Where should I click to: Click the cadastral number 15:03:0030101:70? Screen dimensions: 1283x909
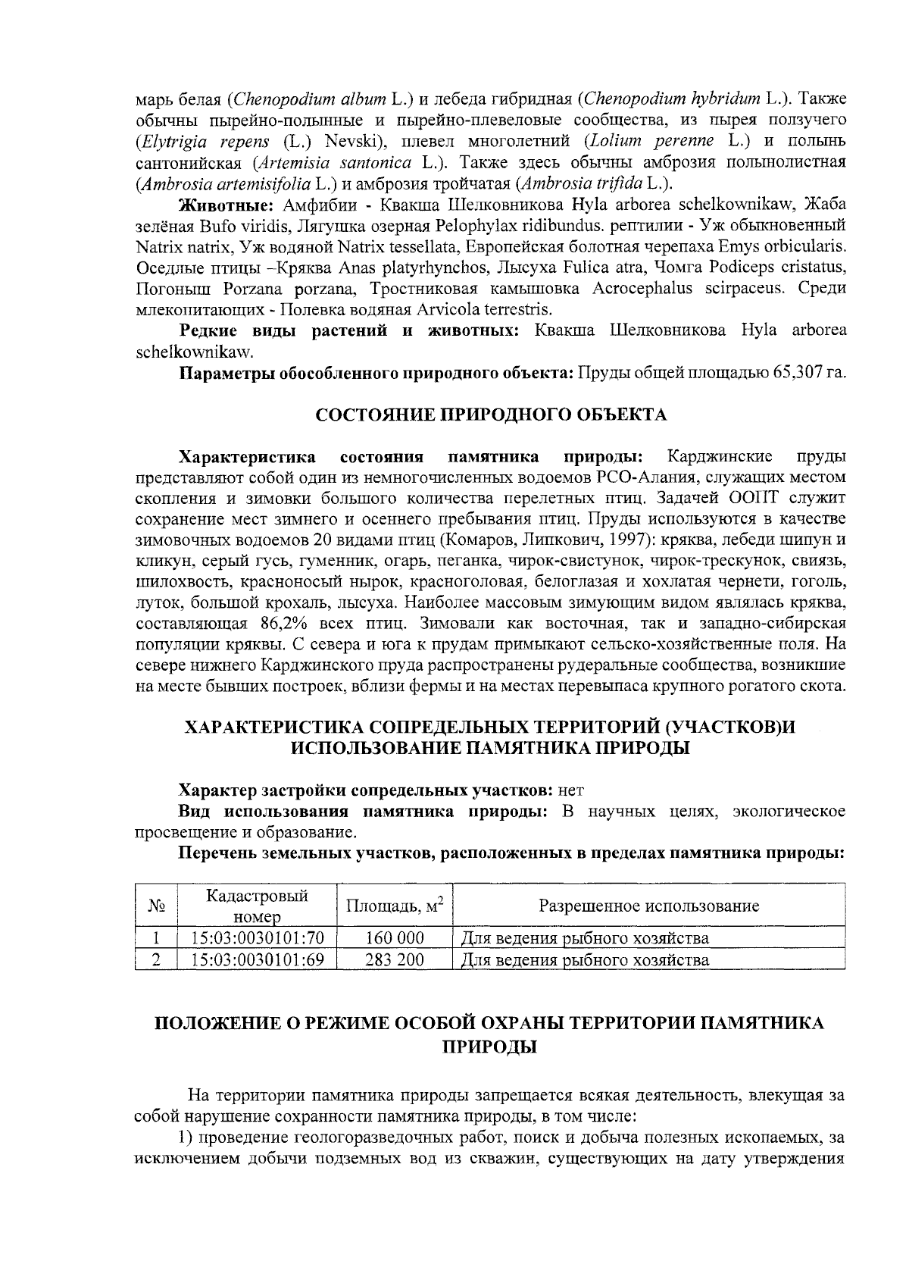pyautogui.click(x=258, y=938)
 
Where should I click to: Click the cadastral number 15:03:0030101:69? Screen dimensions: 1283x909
pyautogui.click(x=258, y=960)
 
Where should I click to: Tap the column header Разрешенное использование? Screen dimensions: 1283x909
pyautogui.click(x=648, y=906)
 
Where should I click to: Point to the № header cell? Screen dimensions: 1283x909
pyautogui.click(x=156, y=906)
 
